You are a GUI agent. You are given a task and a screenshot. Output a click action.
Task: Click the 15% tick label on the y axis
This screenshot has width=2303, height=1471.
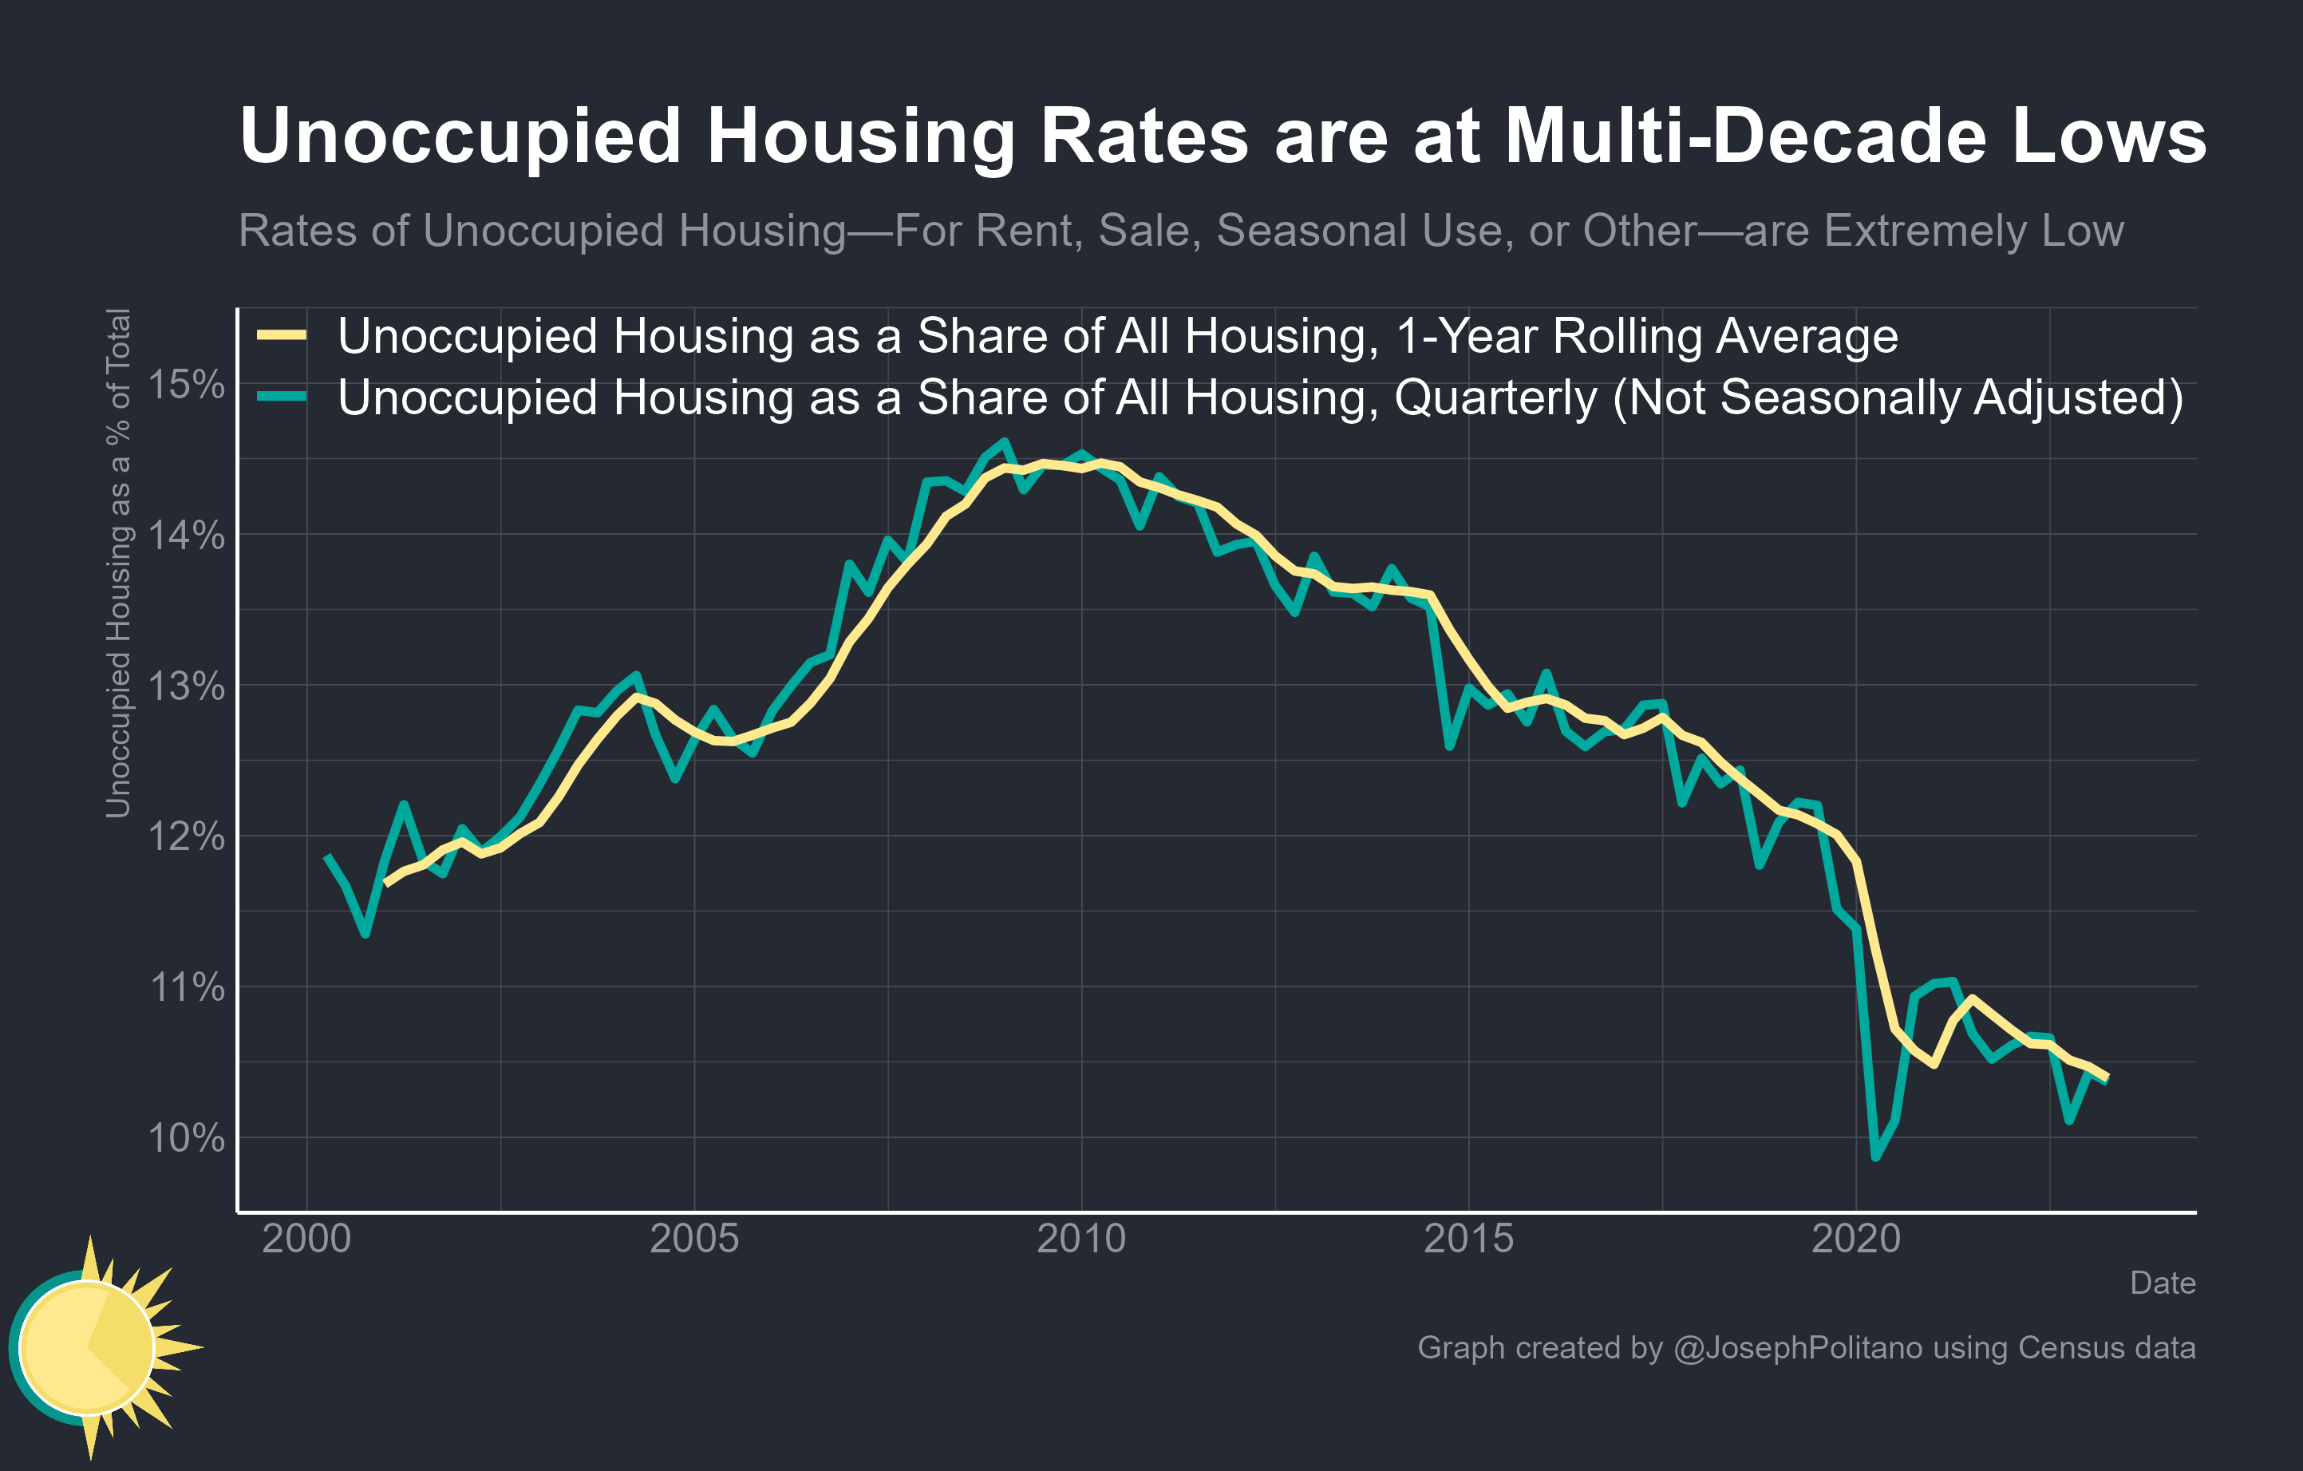[187, 385]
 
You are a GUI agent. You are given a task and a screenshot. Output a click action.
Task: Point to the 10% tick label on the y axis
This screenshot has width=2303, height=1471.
[187, 1138]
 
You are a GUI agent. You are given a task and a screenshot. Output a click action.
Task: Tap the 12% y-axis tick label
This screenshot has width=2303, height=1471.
[187, 837]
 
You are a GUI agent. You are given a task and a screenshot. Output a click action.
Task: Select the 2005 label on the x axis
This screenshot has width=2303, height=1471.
[693, 1240]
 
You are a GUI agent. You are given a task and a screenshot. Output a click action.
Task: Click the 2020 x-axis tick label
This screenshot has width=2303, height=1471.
[1855, 1240]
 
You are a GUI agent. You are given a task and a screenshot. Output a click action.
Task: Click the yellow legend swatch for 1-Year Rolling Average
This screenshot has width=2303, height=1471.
[282, 334]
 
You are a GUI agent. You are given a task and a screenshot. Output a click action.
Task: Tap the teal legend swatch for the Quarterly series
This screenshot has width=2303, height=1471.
[282, 397]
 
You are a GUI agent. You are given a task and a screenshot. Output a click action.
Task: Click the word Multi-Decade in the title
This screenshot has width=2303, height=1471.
[1745, 136]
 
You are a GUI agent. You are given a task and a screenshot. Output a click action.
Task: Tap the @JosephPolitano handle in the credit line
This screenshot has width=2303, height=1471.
[1797, 1347]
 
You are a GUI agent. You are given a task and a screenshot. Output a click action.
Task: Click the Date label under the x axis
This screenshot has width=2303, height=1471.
[2163, 1283]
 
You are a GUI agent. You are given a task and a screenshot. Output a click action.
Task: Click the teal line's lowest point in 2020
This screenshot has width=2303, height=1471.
[1875, 1157]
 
